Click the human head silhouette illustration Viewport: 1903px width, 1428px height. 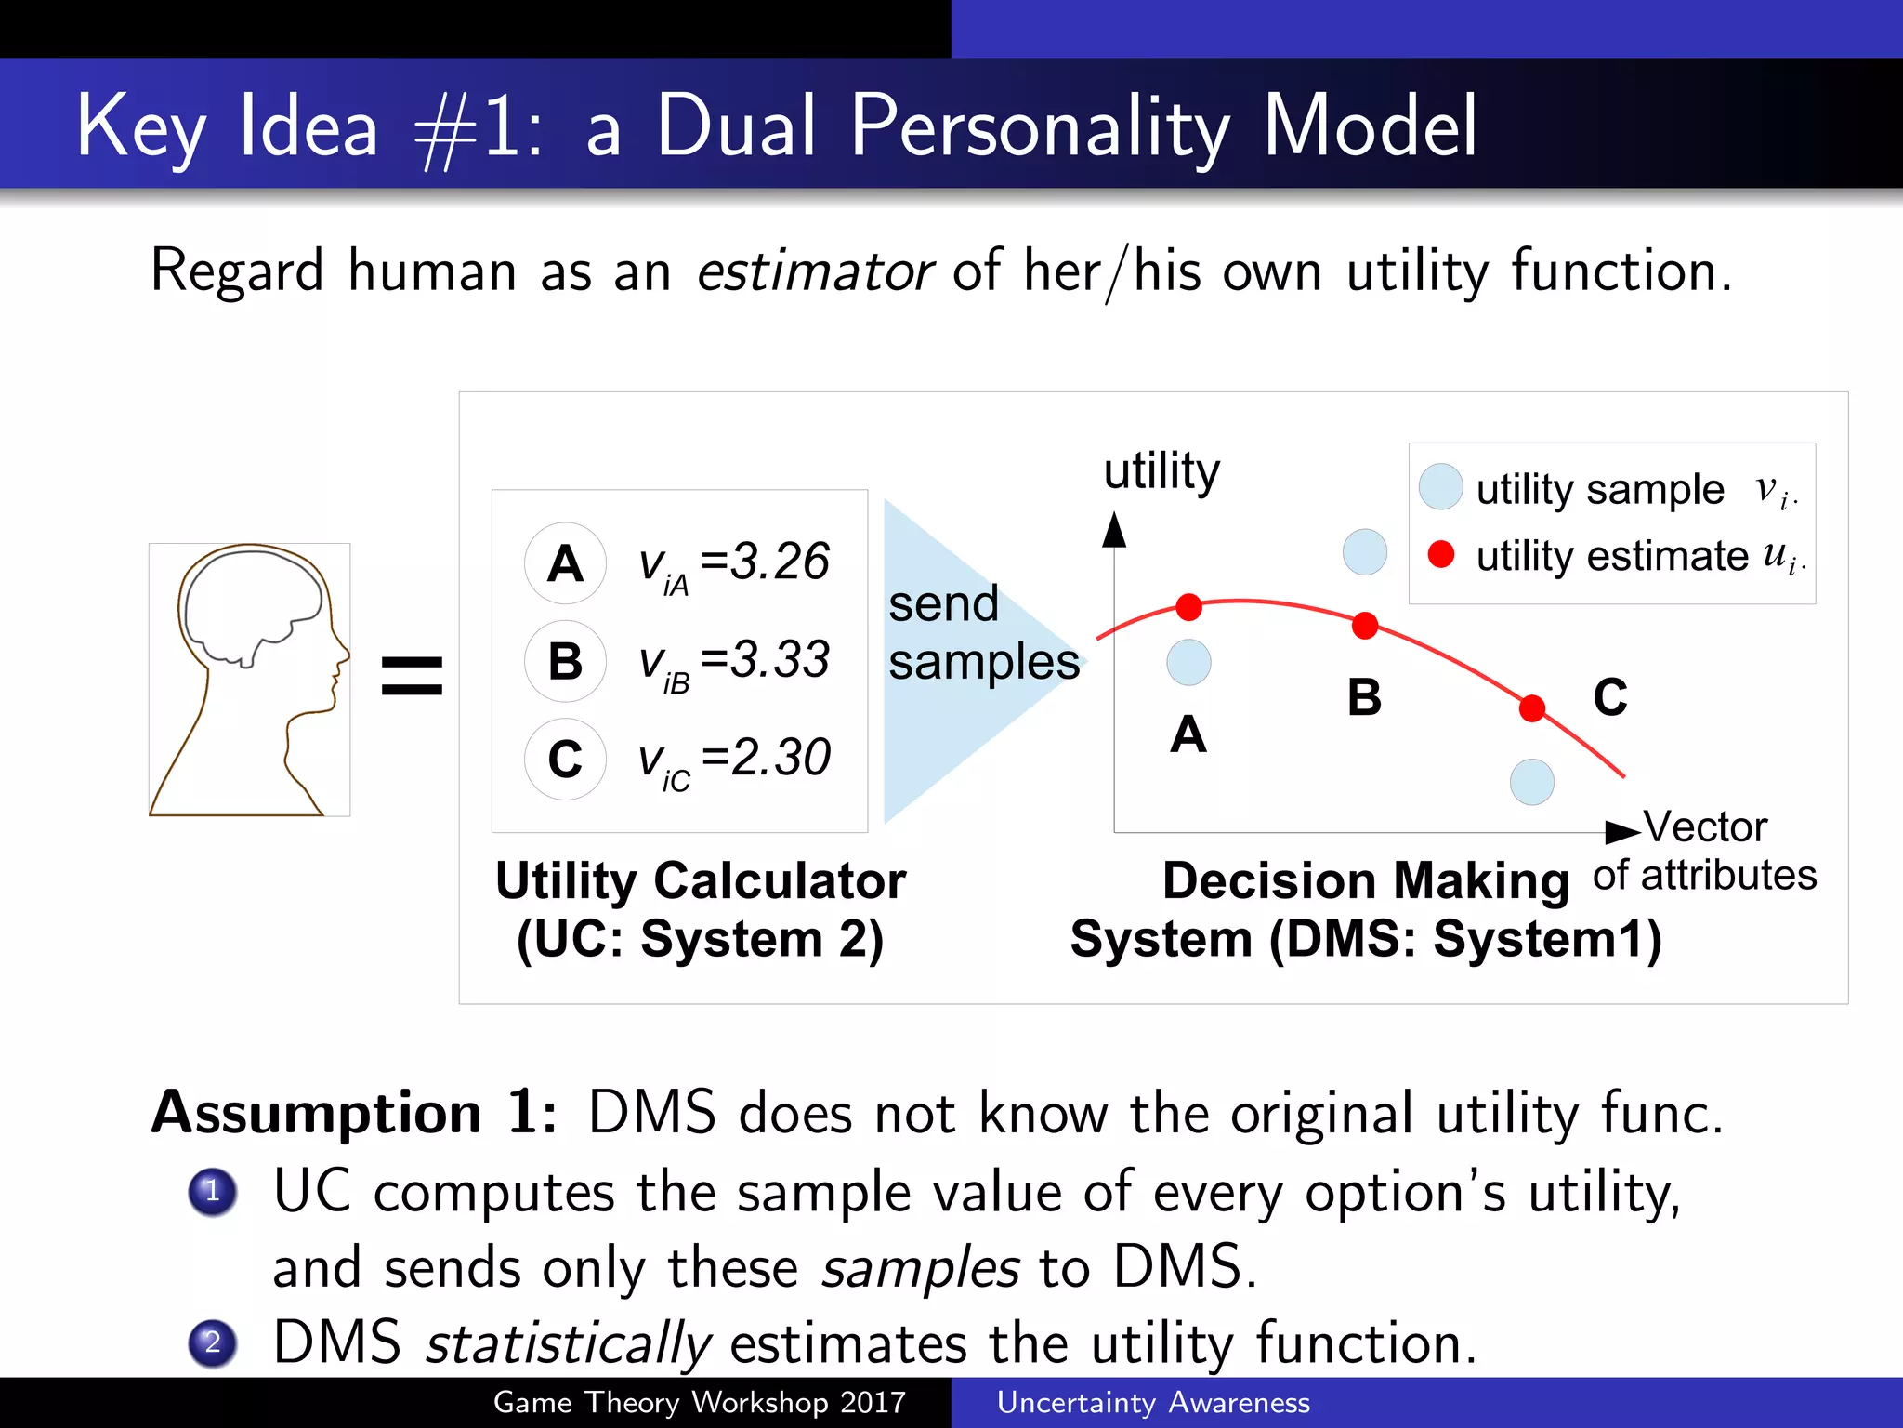[249, 679]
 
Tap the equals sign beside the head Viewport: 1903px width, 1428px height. [412, 676]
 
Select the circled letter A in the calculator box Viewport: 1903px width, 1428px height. [565, 563]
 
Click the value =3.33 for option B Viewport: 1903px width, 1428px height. [765, 659]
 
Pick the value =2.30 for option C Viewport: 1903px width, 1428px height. [766, 757]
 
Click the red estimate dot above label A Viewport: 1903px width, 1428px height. [1188, 607]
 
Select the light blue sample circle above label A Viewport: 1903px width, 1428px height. [1188, 663]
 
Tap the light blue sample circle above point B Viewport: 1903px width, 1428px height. [1364, 552]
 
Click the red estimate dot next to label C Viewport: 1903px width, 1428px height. [1532, 708]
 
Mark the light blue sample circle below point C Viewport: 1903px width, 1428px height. [1532, 782]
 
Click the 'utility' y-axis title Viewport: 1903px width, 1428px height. [1161, 471]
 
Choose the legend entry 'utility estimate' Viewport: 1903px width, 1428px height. [1611, 556]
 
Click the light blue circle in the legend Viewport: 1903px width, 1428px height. [1440, 487]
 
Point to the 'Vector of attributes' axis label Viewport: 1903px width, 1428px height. [1705, 851]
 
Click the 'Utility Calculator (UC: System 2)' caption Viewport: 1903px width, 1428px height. [700, 908]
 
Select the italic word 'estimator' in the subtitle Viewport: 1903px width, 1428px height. [814, 271]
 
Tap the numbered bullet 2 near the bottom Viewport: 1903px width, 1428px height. [212, 1343]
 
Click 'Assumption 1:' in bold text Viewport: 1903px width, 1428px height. [354, 1112]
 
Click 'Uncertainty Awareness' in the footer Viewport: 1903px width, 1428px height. [1153, 1402]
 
